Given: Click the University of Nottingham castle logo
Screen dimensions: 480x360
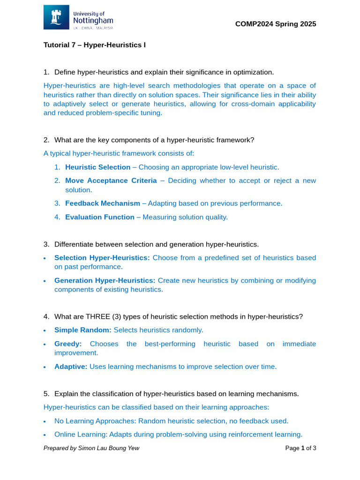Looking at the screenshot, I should (56, 17).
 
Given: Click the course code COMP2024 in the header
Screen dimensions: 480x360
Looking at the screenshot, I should (253, 24).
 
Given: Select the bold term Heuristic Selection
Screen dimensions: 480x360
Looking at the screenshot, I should (97, 167).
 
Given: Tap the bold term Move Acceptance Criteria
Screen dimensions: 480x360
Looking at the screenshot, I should (111, 180).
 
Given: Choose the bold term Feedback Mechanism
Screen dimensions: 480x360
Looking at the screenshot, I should (102, 203).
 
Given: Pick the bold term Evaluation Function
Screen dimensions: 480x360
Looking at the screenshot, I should (100, 217).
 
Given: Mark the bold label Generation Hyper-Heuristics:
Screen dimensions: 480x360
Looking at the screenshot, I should (105, 280).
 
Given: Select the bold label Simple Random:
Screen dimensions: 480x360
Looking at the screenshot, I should (83, 330).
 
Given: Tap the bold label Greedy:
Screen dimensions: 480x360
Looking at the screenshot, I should (68, 344).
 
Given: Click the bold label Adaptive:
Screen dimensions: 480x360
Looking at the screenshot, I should (71, 367).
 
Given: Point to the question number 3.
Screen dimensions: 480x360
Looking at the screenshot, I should (46, 244).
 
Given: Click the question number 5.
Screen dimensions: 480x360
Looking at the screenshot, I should (46, 394).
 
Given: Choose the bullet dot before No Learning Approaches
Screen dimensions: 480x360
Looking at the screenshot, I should (45, 421).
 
